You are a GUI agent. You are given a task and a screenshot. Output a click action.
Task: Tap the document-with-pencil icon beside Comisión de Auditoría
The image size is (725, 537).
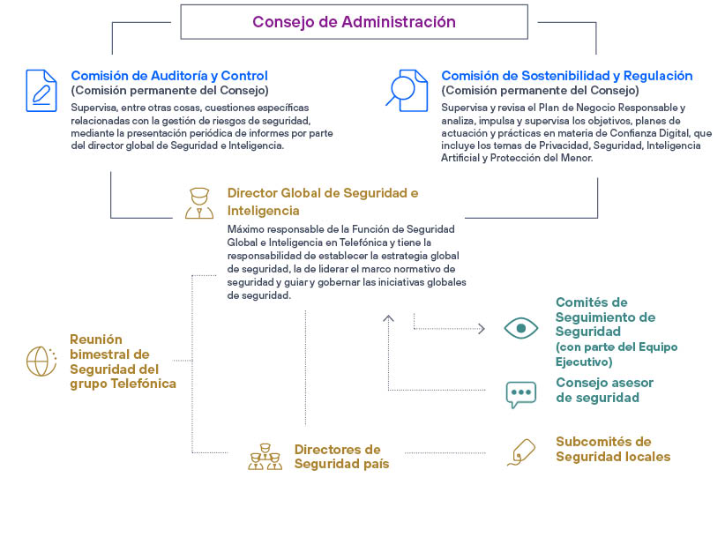(41, 91)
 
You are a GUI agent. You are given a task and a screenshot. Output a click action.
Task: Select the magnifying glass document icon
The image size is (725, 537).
(407, 91)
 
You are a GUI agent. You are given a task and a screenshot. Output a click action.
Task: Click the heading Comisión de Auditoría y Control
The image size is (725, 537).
(169, 75)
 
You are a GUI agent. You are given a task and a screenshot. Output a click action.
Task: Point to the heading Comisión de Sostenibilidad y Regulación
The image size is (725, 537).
(567, 75)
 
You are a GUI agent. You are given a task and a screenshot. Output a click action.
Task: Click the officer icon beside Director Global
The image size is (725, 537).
(199, 203)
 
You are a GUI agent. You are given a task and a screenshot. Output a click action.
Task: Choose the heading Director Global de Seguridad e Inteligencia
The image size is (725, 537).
(323, 202)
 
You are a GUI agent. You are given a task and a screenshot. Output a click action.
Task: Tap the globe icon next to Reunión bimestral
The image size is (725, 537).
(41, 361)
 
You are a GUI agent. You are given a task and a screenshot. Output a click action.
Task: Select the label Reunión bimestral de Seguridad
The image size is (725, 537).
(123, 362)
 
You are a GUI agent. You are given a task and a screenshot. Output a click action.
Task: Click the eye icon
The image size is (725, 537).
(521, 328)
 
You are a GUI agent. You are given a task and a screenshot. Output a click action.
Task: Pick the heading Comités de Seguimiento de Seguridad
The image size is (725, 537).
(605, 317)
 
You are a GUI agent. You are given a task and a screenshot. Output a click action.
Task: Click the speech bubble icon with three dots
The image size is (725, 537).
(521, 394)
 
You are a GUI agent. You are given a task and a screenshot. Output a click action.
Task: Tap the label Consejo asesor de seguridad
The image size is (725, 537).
(604, 390)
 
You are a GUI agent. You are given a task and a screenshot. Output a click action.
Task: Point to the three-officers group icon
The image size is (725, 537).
(265, 457)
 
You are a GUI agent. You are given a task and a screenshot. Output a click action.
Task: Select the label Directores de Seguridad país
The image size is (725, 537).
(341, 456)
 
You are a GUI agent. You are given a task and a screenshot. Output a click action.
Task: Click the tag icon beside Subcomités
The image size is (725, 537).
(521, 452)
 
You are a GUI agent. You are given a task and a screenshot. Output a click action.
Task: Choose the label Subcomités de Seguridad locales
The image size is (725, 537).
(613, 449)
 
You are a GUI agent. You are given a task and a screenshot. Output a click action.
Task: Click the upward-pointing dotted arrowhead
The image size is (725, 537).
(388, 318)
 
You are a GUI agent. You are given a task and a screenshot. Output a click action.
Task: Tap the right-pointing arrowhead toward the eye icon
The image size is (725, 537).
(482, 329)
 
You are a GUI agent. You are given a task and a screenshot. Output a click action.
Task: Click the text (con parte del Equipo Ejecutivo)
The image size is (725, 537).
(617, 354)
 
